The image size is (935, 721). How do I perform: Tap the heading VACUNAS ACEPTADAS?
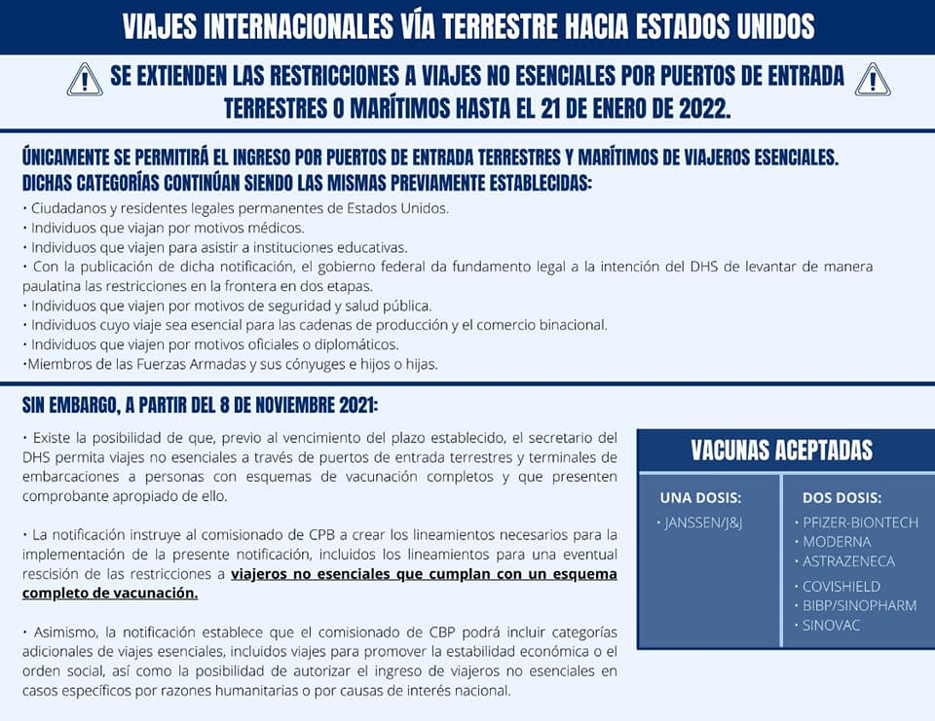click(x=781, y=451)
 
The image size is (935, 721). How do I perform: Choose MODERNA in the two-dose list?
click(x=836, y=541)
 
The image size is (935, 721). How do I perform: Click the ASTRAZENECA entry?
click(x=847, y=560)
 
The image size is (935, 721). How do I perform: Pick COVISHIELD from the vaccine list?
click(x=841, y=586)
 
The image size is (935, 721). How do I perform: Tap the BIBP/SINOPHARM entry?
click(x=859, y=605)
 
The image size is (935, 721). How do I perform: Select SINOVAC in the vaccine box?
click(x=831, y=625)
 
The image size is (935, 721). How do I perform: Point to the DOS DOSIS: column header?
click(x=841, y=497)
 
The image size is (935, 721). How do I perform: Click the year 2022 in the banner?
click(x=695, y=107)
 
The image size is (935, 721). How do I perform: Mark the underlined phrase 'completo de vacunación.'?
click(x=110, y=593)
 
